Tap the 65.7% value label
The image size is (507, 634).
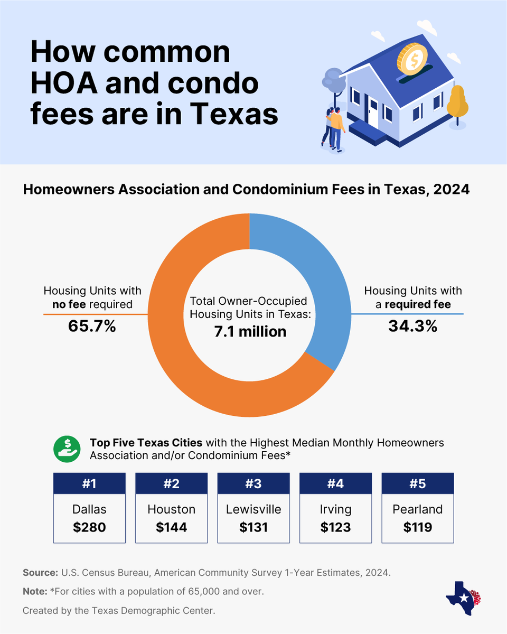pos(92,326)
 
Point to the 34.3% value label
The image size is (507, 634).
pos(412,326)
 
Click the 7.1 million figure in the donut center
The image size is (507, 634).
pos(249,331)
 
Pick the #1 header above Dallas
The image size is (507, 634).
pos(89,484)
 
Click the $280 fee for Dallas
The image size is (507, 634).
pos(89,527)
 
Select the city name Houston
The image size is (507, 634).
pos(171,509)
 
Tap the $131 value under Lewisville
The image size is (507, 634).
pos(253,527)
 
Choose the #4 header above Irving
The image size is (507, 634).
pos(335,484)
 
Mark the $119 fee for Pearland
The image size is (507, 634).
pos(418,527)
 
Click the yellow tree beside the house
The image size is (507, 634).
pos(457,103)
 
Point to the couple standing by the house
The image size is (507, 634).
pos(333,127)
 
